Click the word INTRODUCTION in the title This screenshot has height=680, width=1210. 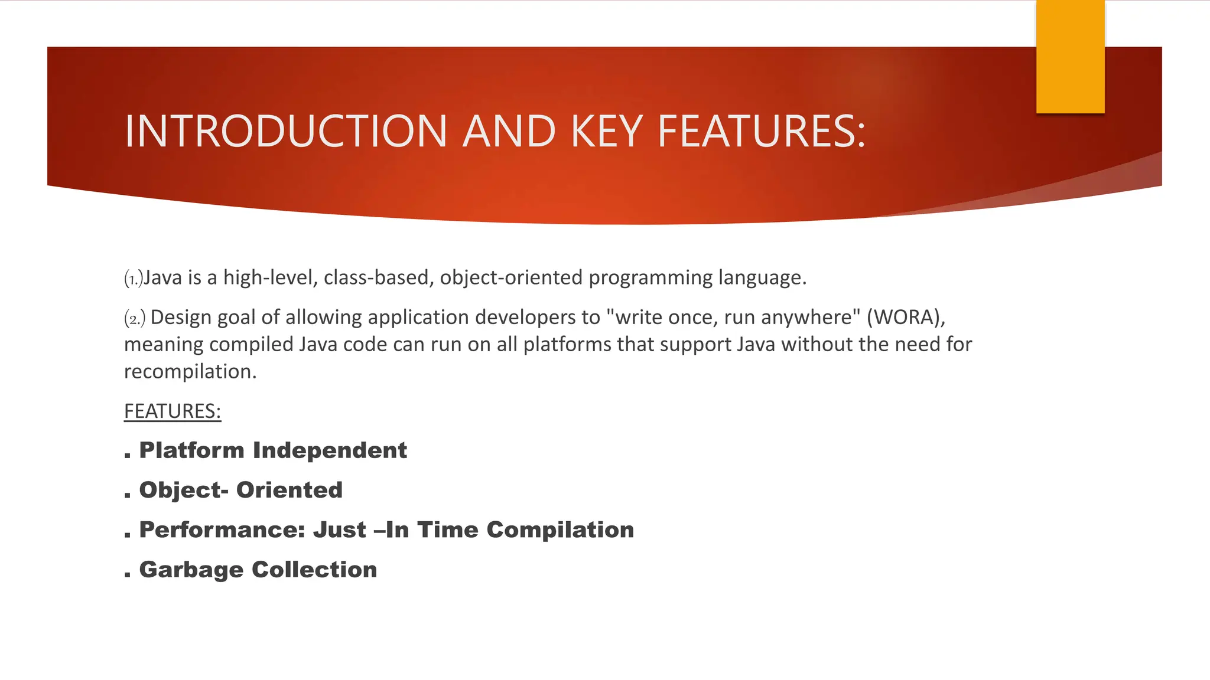[285, 131]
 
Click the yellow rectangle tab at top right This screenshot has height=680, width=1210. [1070, 57]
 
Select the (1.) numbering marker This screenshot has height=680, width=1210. [134, 278]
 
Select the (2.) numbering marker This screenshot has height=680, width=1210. [135, 319]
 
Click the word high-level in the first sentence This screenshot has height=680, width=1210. [271, 277]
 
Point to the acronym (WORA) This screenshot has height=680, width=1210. [906, 318]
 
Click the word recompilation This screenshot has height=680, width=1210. [190, 371]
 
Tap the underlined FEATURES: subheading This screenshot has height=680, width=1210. [173, 411]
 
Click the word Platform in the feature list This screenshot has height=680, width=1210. [191, 450]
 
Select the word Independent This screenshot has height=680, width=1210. [330, 450]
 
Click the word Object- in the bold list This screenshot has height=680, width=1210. [183, 491]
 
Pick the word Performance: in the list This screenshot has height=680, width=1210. [222, 530]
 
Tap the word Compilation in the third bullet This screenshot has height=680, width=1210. [560, 530]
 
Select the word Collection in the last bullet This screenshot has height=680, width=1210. [314, 570]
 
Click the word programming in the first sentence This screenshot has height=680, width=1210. [650, 277]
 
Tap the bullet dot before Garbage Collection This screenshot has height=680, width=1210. [128, 574]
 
